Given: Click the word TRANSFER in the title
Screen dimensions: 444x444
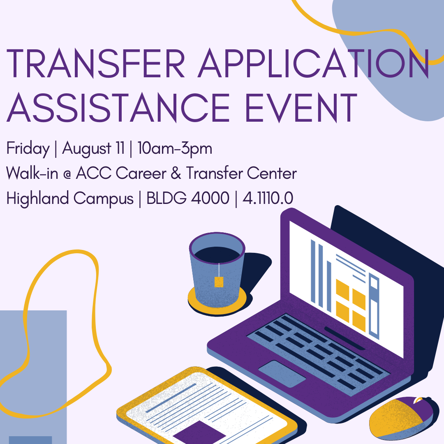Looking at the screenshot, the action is click(95, 63).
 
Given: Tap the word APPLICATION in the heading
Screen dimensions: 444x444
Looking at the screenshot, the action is click(313, 63).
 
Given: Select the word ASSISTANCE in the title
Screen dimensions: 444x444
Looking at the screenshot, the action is click(118, 108).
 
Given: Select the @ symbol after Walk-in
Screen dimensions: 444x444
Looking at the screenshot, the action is click(67, 174).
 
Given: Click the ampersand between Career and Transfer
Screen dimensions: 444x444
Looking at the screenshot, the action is click(176, 173).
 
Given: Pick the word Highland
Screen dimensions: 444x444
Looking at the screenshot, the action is click(37, 198).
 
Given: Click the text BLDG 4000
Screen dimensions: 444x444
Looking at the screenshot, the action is click(188, 198).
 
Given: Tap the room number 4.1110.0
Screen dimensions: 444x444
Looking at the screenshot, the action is click(268, 198).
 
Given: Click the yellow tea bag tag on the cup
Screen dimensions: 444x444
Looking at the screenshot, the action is click(219, 282).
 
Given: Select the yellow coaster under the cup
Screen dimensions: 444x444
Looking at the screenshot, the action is click(217, 305).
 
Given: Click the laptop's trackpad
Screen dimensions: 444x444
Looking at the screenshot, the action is click(282, 373).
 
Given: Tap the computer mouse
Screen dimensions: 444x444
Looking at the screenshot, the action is click(400, 418).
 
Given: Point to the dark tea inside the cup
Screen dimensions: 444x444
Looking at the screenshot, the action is click(217, 255).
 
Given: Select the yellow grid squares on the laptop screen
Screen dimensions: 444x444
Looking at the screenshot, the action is click(351, 305).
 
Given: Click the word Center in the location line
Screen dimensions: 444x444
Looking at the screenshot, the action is click(272, 173).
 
